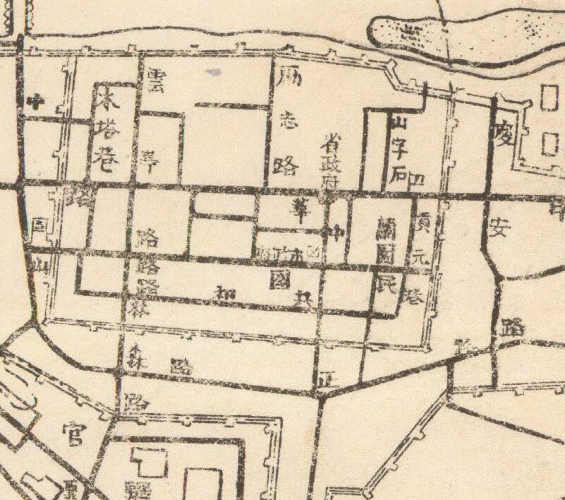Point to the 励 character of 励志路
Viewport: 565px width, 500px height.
289,77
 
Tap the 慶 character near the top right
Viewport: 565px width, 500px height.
502,133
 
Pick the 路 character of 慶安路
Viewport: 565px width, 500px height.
511,326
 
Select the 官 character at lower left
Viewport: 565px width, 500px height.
72,432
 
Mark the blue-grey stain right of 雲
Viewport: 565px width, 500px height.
212,72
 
